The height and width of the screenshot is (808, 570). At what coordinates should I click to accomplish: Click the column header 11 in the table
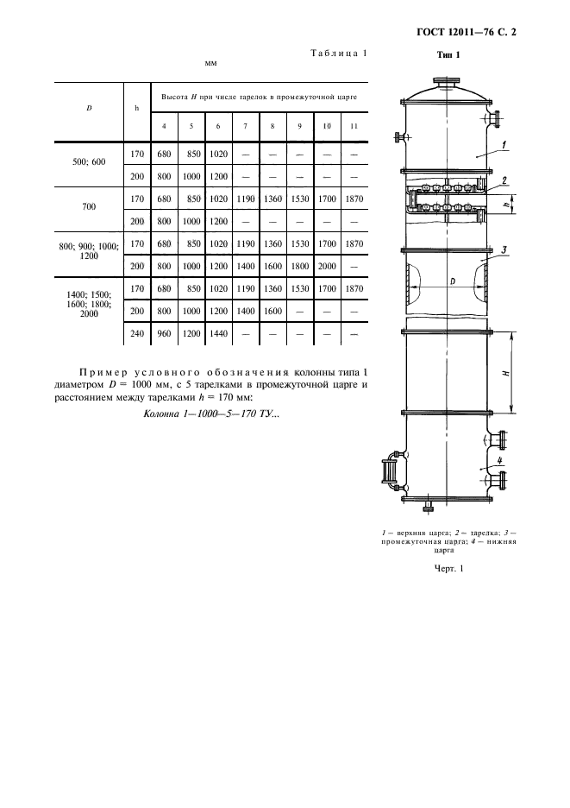coord(354,127)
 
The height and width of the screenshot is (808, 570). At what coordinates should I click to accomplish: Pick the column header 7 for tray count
coord(245,127)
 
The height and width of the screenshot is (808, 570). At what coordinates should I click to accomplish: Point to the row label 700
coord(89,208)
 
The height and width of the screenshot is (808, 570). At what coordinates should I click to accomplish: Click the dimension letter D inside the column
coord(452,281)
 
